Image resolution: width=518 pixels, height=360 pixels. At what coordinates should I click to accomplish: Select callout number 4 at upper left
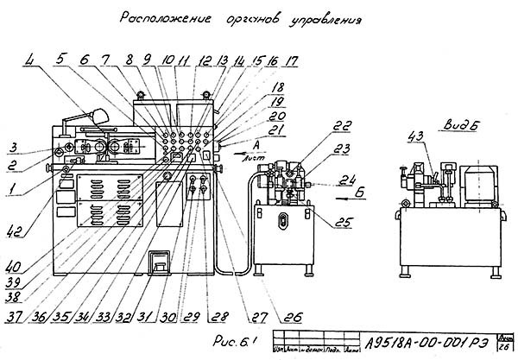pyautogui.click(x=30, y=61)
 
